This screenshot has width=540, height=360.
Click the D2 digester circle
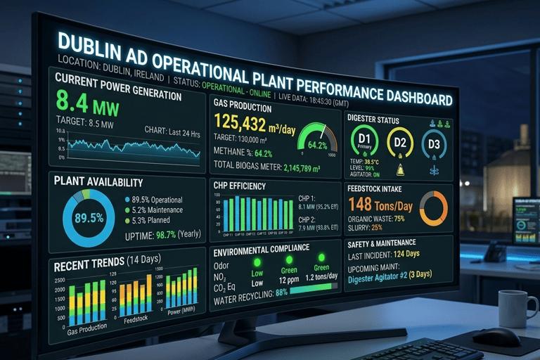click(400, 143)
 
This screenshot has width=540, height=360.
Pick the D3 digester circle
click(434, 145)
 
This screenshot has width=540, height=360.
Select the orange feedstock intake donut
click(433, 209)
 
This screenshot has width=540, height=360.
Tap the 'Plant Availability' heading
click(98, 181)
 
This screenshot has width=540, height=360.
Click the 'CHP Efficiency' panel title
click(239, 186)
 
